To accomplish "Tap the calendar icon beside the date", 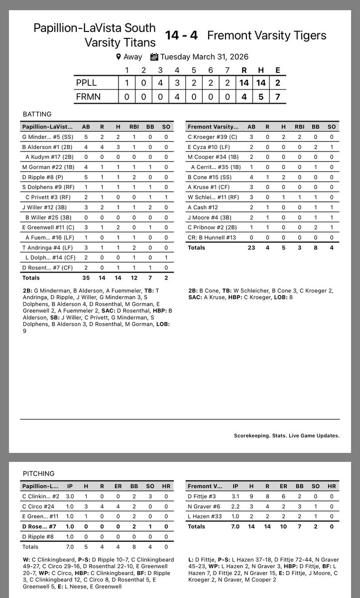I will click(x=154, y=57).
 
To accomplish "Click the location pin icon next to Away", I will click(x=119, y=57).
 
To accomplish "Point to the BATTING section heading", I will click(x=37, y=114).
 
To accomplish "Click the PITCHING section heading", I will click(x=38, y=473).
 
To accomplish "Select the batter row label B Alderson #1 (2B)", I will click(x=43, y=148).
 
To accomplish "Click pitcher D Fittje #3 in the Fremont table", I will click(x=200, y=496).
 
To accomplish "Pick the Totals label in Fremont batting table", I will click(x=196, y=248).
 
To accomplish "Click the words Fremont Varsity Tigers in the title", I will click(x=266, y=36).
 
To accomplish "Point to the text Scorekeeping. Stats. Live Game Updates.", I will click(x=286, y=436).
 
